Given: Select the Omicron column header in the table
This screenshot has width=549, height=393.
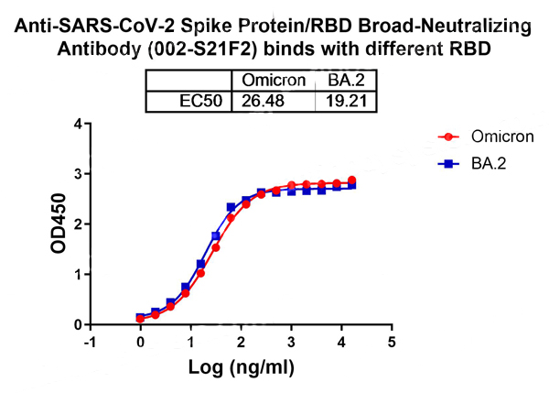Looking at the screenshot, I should point(274,81).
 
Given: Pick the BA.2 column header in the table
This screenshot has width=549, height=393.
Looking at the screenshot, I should point(344,81).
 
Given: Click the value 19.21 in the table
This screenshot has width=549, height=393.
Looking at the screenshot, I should point(344,100).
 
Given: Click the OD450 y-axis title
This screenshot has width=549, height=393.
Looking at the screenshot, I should point(57,224).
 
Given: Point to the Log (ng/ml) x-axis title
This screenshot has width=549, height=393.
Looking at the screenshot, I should point(241,369).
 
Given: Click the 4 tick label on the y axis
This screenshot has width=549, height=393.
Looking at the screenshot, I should point(79,124).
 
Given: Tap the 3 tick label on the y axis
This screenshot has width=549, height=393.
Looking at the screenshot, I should point(79,174).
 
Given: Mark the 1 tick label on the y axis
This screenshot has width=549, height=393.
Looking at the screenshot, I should point(79,275).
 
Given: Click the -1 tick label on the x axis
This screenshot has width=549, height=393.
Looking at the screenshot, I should point(89,342).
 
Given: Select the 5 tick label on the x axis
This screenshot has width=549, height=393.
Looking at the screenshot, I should point(392,342).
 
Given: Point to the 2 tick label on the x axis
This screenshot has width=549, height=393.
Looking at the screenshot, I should point(241,342).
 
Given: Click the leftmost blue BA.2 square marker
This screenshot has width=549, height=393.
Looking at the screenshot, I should point(140,317).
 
